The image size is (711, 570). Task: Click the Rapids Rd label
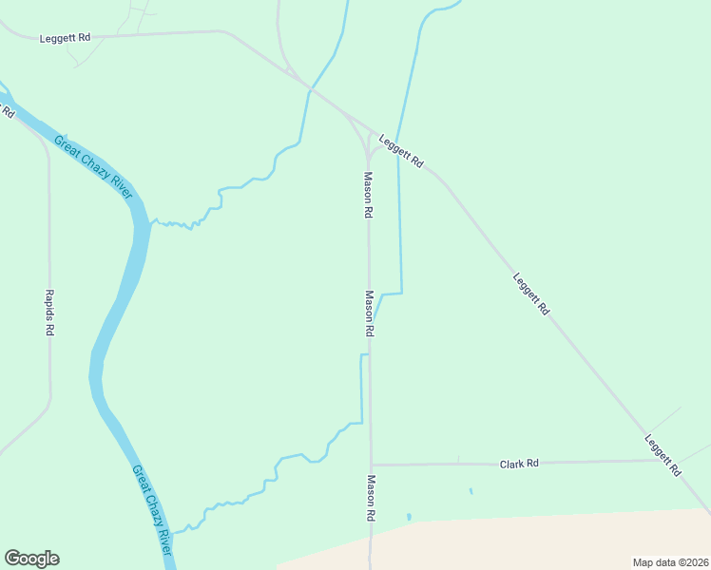pyautogui.click(x=49, y=313)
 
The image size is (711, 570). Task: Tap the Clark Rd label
pyautogui.click(x=519, y=464)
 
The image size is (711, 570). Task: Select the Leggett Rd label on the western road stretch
pyautogui.click(x=66, y=38)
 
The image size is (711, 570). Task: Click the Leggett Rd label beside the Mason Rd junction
pyautogui.click(x=400, y=151)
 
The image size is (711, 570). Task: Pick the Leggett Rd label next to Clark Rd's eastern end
pyautogui.click(x=663, y=455)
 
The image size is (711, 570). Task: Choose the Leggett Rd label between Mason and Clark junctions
pyautogui.click(x=530, y=294)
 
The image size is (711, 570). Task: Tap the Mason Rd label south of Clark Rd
pyautogui.click(x=371, y=499)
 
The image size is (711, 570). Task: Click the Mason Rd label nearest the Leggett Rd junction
pyautogui.click(x=367, y=195)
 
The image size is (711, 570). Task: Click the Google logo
pyautogui.click(x=31, y=559)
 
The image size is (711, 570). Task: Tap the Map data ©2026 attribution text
pyautogui.click(x=669, y=561)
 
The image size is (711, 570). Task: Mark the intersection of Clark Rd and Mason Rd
pyautogui.click(x=371, y=465)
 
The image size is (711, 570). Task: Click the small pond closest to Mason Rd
pyautogui.click(x=409, y=517)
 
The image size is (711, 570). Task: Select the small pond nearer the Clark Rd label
pyautogui.click(x=470, y=491)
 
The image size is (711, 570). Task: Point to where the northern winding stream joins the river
pyautogui.click(x=151, y=223)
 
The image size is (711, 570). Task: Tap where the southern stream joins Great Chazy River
pyautogui.click(x=172, y=532)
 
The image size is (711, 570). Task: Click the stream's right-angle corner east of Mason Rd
pyautogui.click(x=401, y=293)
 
